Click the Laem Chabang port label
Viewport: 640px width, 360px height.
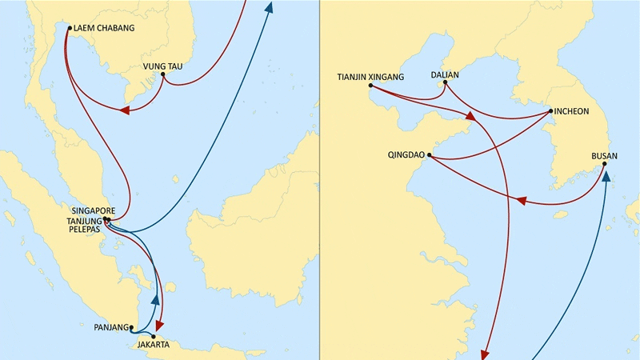(x=104, y=28)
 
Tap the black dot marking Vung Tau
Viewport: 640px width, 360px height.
(x=163, y=74)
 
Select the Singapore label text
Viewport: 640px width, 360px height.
(x=94, y=211)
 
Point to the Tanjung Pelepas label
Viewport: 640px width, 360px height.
(x=85, y=226)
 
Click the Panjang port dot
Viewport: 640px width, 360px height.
(x=131, y=327)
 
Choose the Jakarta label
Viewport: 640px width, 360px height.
(x=154, y=345)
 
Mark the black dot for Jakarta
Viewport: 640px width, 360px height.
(x=154, y=337)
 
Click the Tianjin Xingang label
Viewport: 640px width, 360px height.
(x=370, y=77)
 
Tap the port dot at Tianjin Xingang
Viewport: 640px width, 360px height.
(x=370, y=86)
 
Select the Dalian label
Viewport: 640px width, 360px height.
(x=445, y=75)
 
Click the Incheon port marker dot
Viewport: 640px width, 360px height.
(x=551, y=111)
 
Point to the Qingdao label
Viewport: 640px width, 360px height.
(x=406, y=155)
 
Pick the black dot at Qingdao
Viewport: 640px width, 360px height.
(x=429, y=155)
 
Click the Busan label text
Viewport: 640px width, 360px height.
(x=605, y=156)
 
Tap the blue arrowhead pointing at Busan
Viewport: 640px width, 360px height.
(x=606, y=176)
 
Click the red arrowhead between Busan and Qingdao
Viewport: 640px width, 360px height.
(x=522, y=201)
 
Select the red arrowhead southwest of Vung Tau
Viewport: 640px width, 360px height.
(x=125, y=110)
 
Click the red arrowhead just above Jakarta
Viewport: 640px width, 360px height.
(x=159, y=325)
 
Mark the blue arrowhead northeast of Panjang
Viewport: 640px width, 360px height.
(x=155, y=299)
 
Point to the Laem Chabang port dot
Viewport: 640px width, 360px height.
(x=70, y=28)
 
